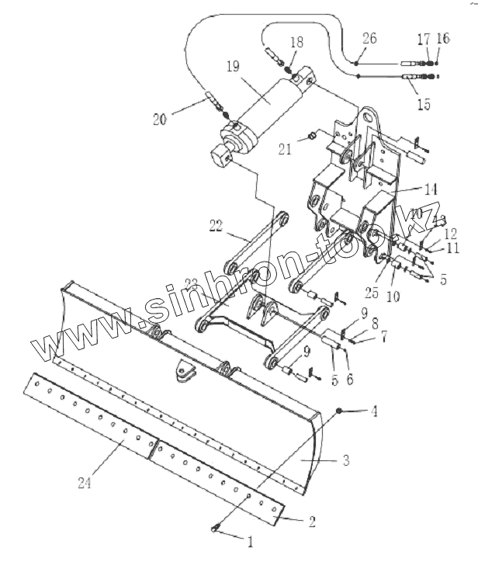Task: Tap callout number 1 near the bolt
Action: click(x=250, y=538)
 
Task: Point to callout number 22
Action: click(x=216, y=226)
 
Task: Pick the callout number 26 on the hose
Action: click(x=369, y=38)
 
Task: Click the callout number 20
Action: click(x=159, y=120)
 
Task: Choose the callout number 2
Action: click(x=312, y=522)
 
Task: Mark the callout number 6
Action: click(x=349, y=380)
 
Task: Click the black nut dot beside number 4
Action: click(x=339, y=408)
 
